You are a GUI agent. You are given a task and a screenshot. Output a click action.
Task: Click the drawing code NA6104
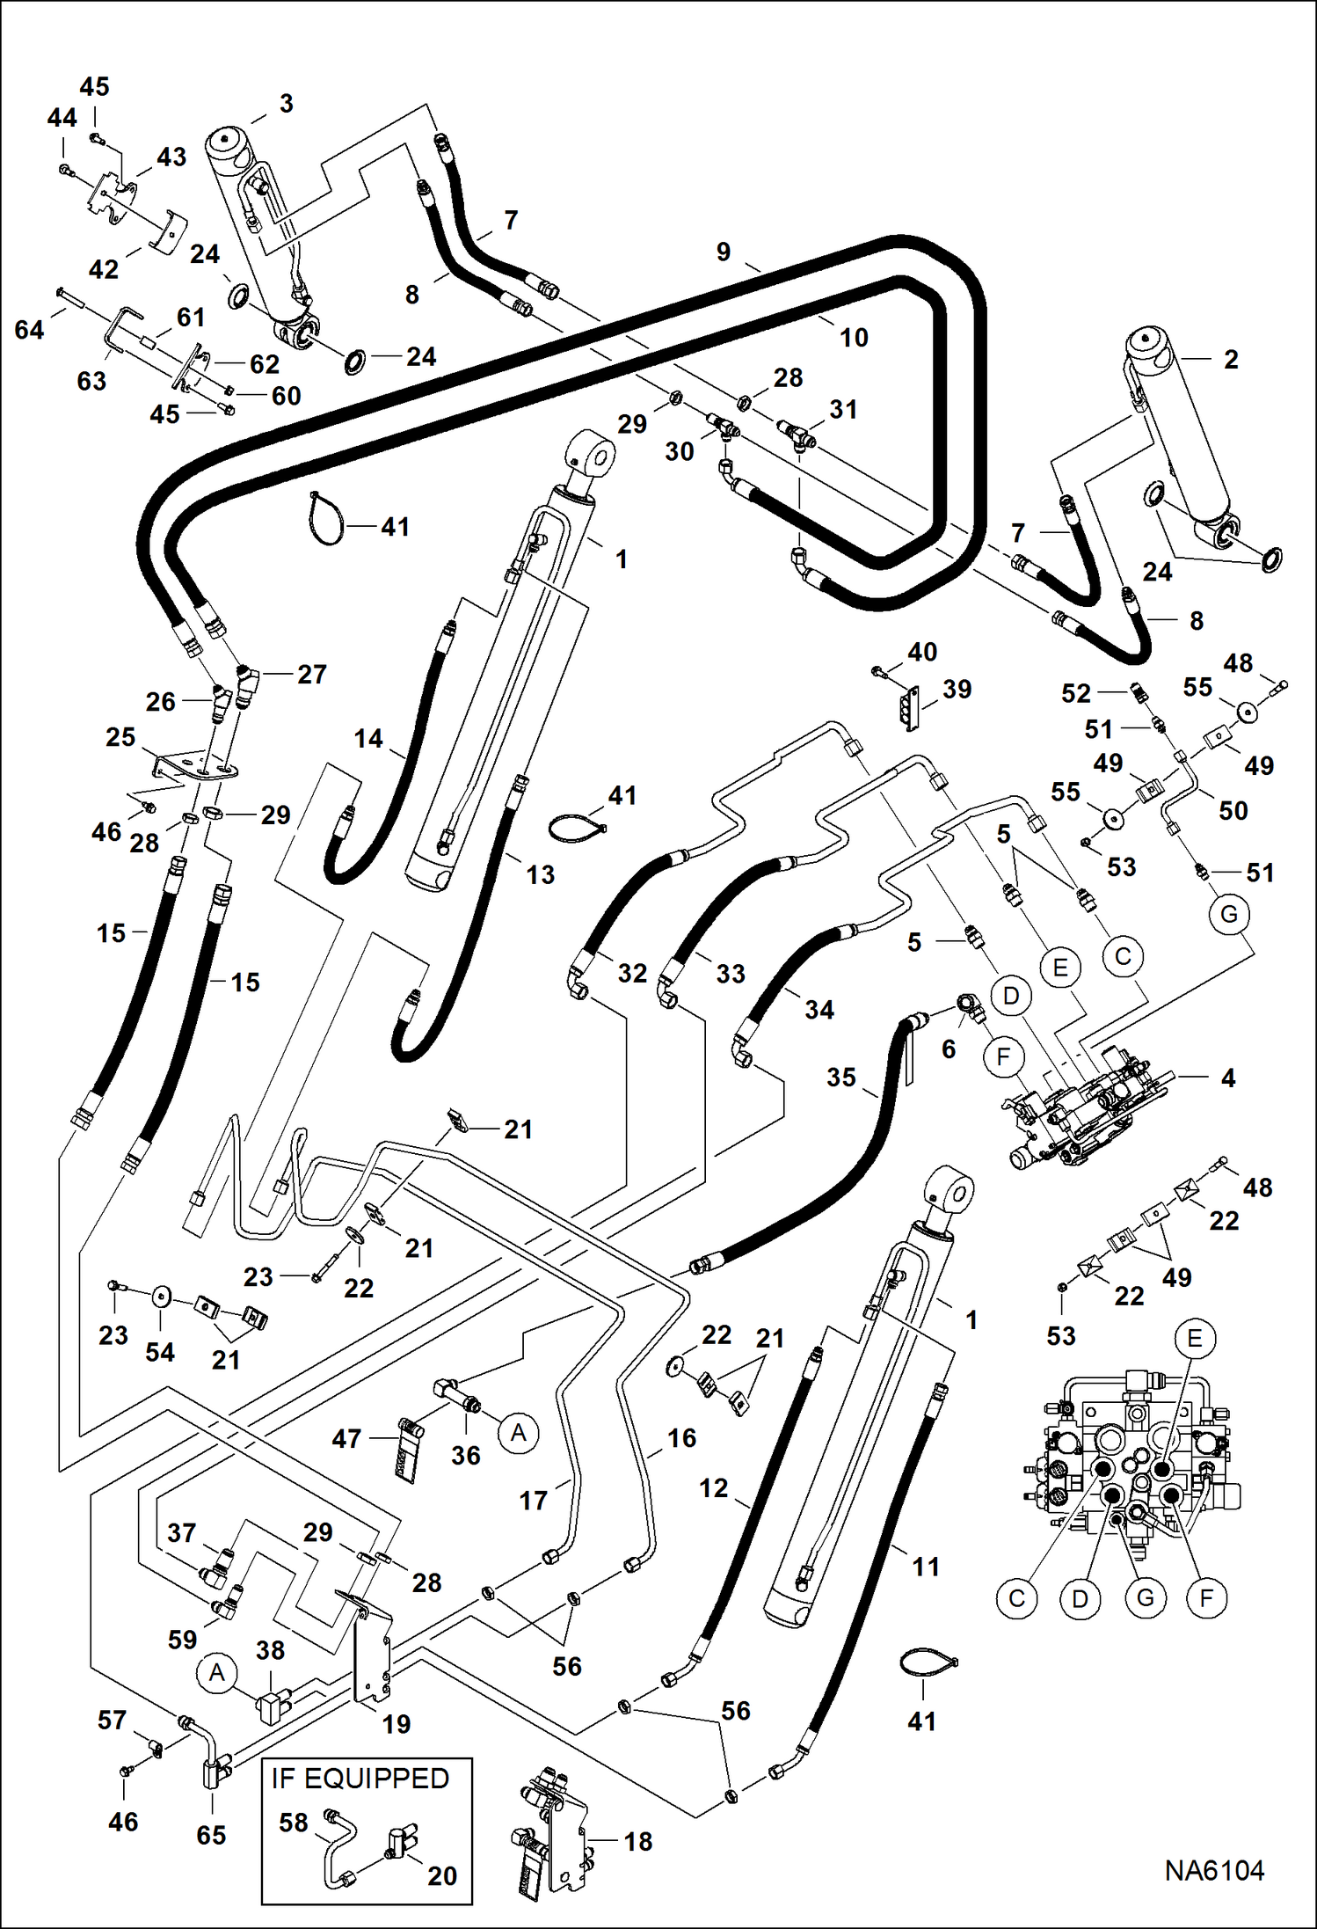pos(1214,1870)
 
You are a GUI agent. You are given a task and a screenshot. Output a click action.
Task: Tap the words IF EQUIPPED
pos(360,1778)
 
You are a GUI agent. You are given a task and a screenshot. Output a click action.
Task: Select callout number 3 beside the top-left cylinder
pos(286,104)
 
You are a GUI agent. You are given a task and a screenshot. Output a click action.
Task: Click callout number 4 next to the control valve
pos(1228,1078)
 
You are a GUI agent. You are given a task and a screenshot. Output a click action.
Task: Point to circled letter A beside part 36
pos(518,1433)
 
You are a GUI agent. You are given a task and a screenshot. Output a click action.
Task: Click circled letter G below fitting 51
pos(1228,914)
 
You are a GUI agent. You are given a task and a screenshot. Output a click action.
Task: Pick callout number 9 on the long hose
pos(723,252)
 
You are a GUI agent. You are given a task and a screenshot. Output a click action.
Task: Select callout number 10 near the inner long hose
pos(853,337)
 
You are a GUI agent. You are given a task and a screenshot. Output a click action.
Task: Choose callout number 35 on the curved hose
pos(840,1077)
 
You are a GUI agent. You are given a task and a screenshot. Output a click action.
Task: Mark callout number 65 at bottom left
pos(211,1835)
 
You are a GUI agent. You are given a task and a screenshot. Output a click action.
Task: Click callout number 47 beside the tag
pos(346,1438)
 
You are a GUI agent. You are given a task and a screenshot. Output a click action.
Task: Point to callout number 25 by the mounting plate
pos(120,737)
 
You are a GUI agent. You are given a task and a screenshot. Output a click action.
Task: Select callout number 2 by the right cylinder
pos(1231,359)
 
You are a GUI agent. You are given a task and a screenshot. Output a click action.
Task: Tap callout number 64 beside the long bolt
pos(29,330)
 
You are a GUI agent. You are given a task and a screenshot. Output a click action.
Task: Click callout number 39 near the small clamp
pos(957,689)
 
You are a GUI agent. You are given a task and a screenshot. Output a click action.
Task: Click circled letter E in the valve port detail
pos(1194,1339)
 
